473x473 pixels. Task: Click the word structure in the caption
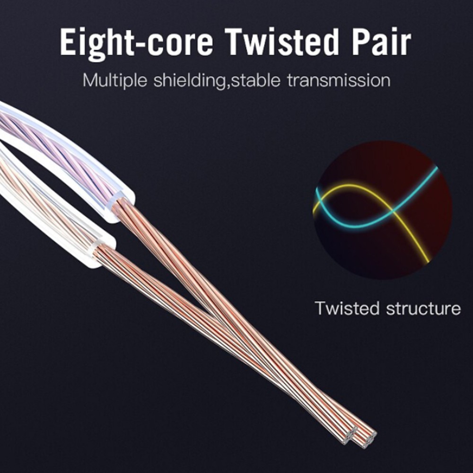pos(423,308)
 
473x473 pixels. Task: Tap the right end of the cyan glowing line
pos(436,168)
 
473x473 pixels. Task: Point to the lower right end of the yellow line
pos(428,261)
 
